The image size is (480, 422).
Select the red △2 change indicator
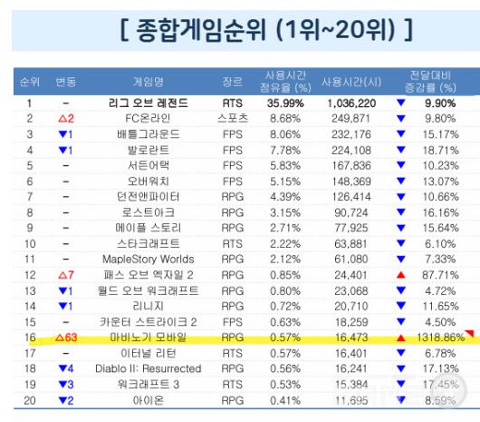(64, 119)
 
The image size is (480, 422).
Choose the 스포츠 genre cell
(233, 119)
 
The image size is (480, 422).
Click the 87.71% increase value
(440, 274)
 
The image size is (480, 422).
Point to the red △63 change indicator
(66, 337)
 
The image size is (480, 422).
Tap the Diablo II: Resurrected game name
(148, 368)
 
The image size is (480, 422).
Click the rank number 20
(29, 399)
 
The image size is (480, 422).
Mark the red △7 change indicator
(64, 274)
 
